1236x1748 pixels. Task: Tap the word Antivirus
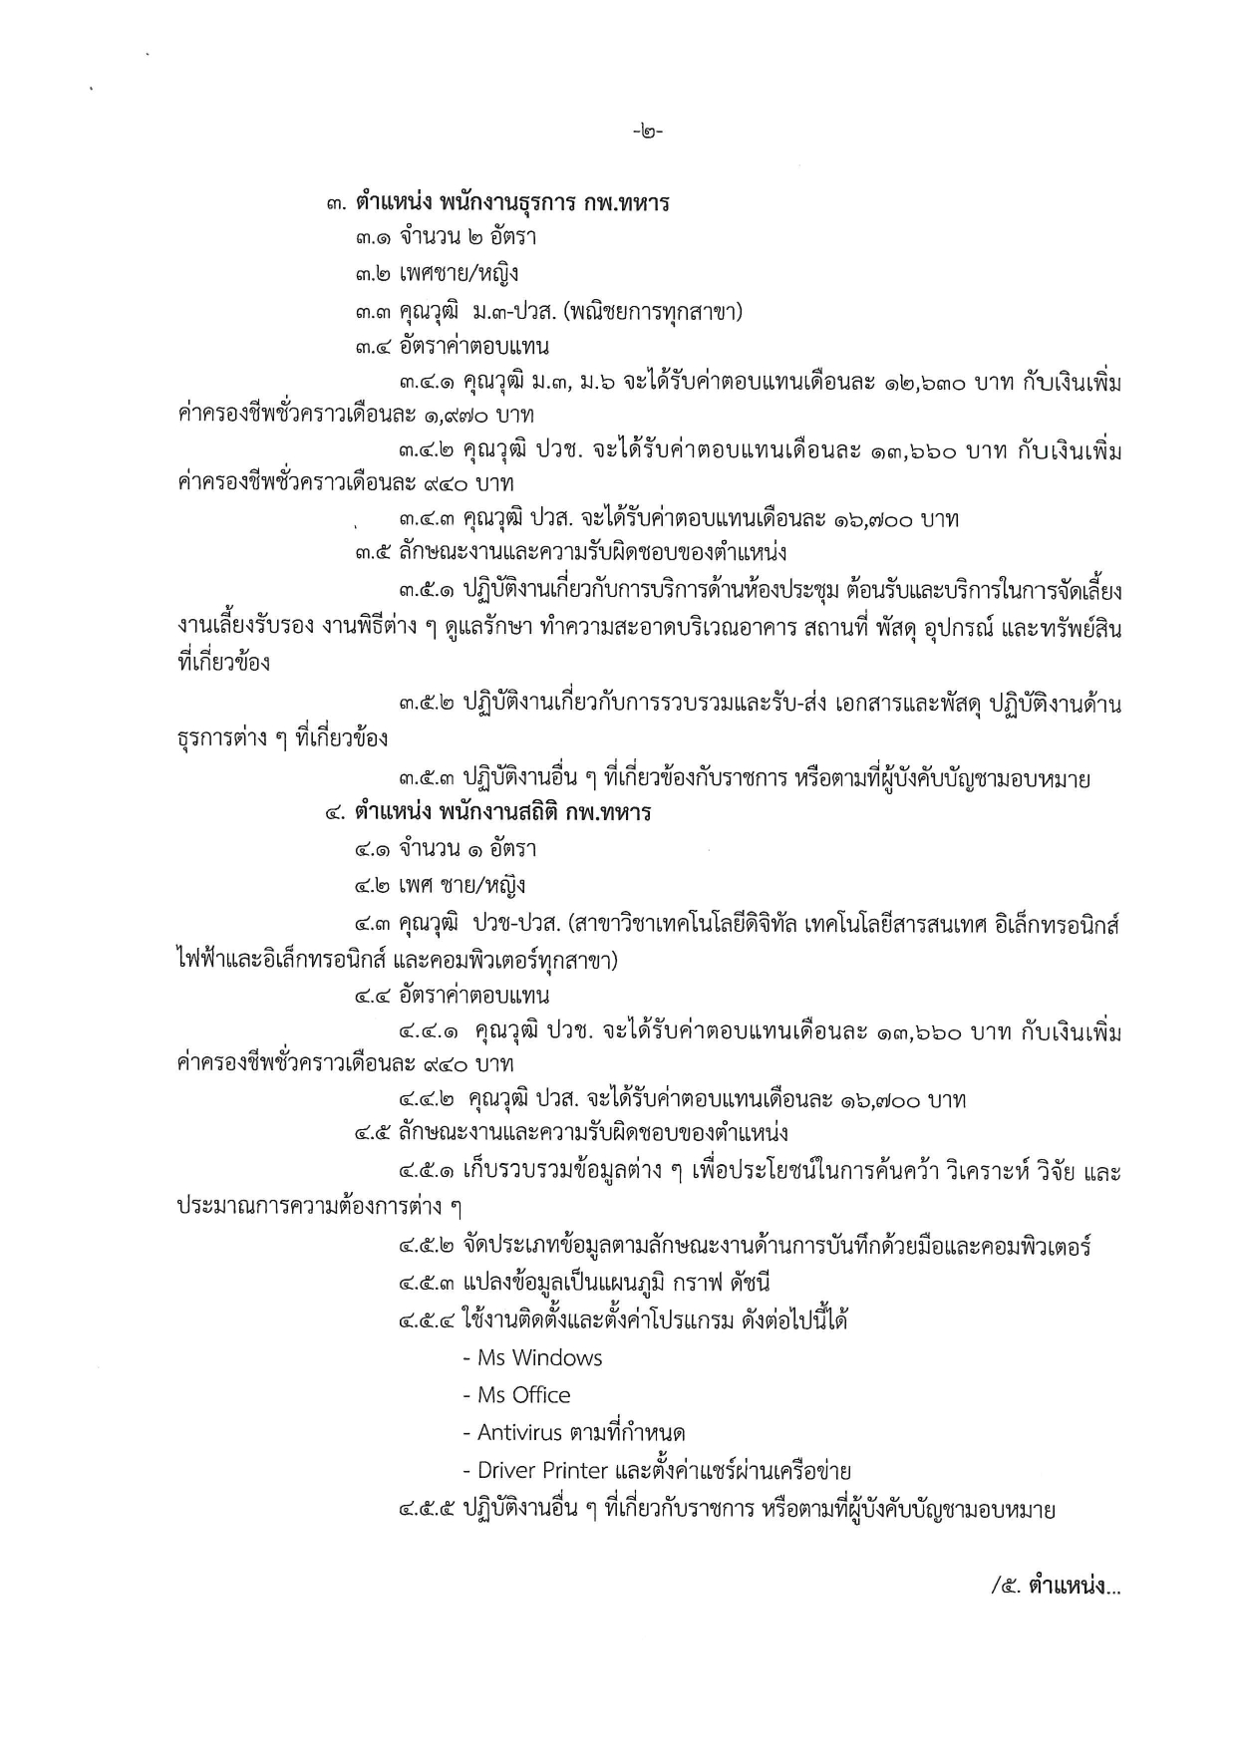(519, 1433)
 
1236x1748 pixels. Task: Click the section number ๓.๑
(374, 237)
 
